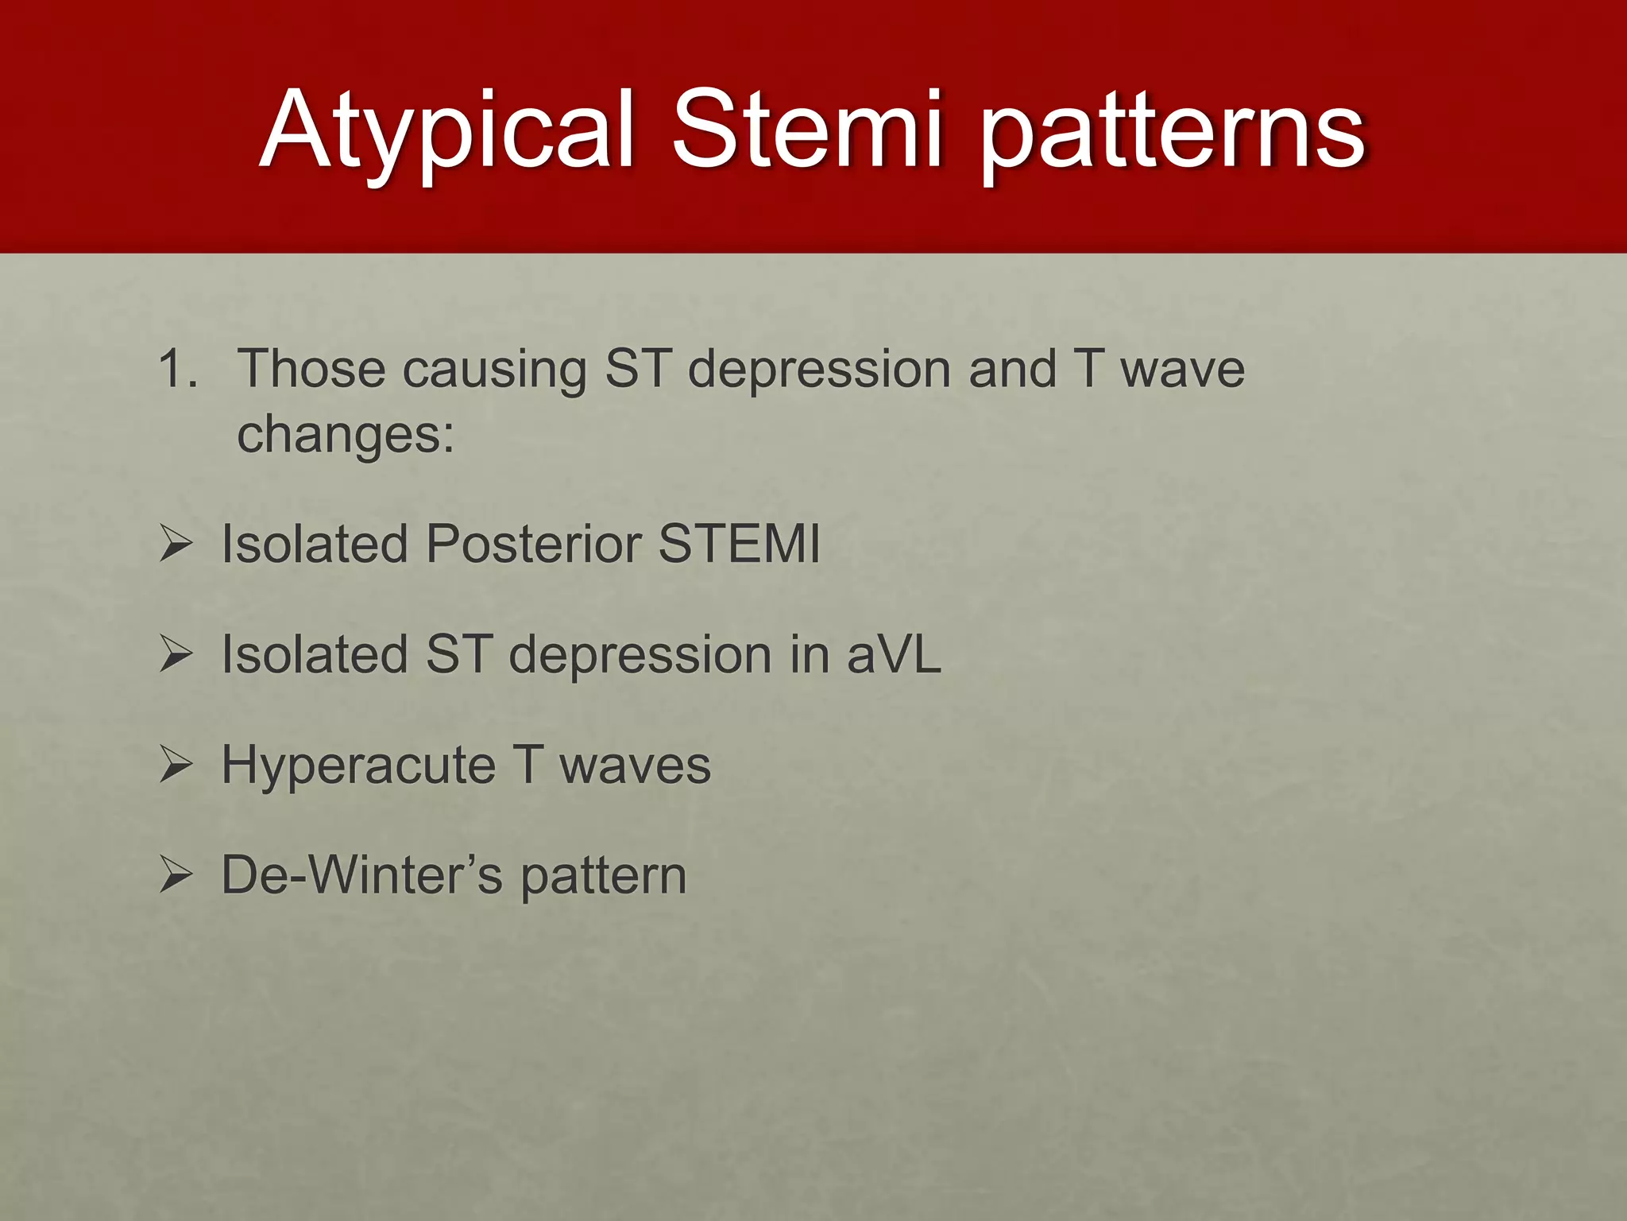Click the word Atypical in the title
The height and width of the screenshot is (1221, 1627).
(447, 131)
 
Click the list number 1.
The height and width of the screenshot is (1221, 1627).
(176, 369)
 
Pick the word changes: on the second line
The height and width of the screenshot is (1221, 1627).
(346, 436)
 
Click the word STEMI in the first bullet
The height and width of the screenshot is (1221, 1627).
(739, 545)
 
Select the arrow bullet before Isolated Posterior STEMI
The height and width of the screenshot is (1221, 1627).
(176, 545)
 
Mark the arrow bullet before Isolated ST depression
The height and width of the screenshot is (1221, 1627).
(176, 655)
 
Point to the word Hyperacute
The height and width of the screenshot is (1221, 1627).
(357, 766)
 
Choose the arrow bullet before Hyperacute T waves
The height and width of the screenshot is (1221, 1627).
(176, 766)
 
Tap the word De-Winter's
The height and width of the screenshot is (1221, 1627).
(361, 875)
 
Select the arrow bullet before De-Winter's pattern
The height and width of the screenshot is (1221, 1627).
(176, 876)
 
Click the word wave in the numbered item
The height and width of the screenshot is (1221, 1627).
(1182, 370)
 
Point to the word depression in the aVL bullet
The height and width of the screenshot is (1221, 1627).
(640, 656)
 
